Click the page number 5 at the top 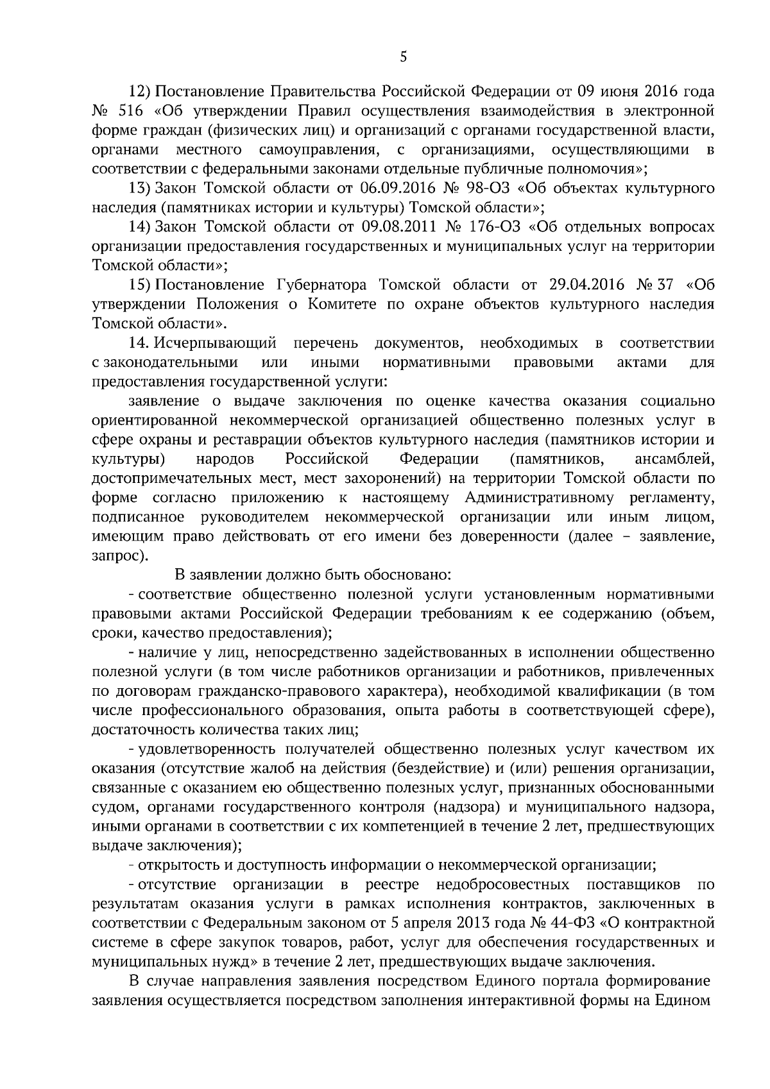(403, 57)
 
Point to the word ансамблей (674, 459)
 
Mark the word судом (112, 807)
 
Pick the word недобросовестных (503, 885)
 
